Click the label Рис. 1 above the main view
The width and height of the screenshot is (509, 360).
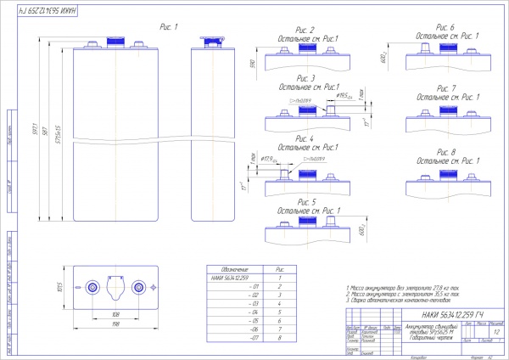[x=169, y=27]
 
